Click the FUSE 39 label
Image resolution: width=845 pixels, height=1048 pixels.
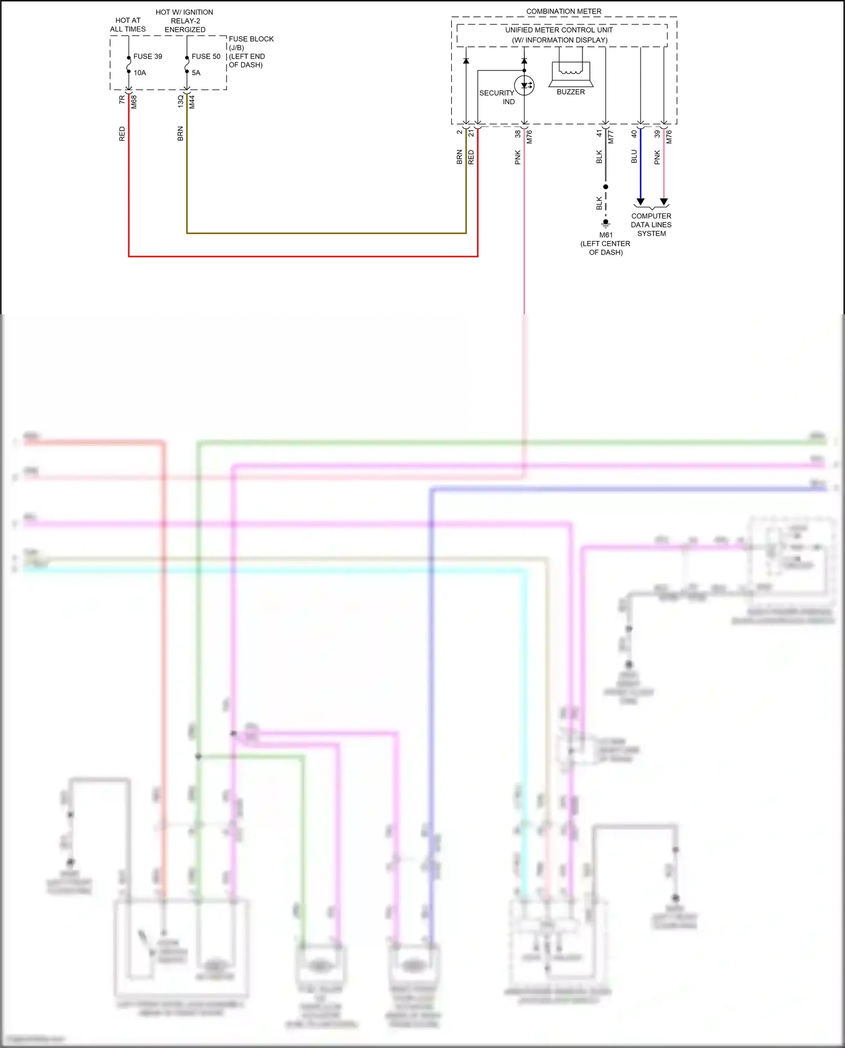pyautogui.click(x=148, y=56)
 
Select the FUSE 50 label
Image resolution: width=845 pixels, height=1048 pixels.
pyautogui.click(x=206, y=56)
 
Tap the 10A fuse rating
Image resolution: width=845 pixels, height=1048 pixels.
pyautogui.click(x=140, y=73)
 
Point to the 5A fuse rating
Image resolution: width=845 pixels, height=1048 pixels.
pyautogui.click(x=196, y=73)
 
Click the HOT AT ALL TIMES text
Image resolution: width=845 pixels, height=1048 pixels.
pyautogui.click(x=128, y=25)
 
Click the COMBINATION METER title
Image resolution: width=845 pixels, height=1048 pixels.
pyautogui.click(x=564, y=11)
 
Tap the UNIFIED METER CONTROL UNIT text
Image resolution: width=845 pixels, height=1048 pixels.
pyautogui.click(x=559, y=30)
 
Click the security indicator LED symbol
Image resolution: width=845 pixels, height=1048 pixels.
pyautogui.click(x=524, y=86)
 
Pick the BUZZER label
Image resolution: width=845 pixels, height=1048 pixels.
pyautogui.click(x=571, y=92)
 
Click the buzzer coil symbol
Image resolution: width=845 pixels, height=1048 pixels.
pyautogui.click(x=571, y=72)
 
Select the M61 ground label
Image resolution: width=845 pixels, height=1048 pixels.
pyautogui.click(x=606, y=235)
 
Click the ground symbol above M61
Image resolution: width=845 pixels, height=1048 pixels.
pyautogui.click(x=606, y=223)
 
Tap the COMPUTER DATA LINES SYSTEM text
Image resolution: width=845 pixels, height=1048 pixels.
pyautogui.click(x=651, y=225)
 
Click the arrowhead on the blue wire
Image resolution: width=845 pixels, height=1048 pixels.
pyautogui.click(x=641, y=202)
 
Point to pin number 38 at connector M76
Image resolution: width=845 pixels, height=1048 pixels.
pyautogui.click(x=518, y=134)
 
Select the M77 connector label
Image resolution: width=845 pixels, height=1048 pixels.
pyautogui.click(x=611, y=136)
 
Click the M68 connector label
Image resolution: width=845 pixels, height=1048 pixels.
pyautogui.click(x=134, y=102)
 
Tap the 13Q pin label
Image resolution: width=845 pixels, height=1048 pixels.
pyautogui.click(x=180, y=101)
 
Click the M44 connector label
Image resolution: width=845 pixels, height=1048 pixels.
pyautogui.click(x=192, y=102)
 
